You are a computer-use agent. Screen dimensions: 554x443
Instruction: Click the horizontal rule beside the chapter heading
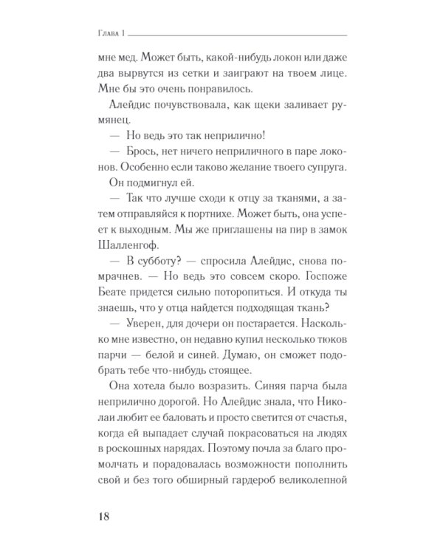(236, 35)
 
